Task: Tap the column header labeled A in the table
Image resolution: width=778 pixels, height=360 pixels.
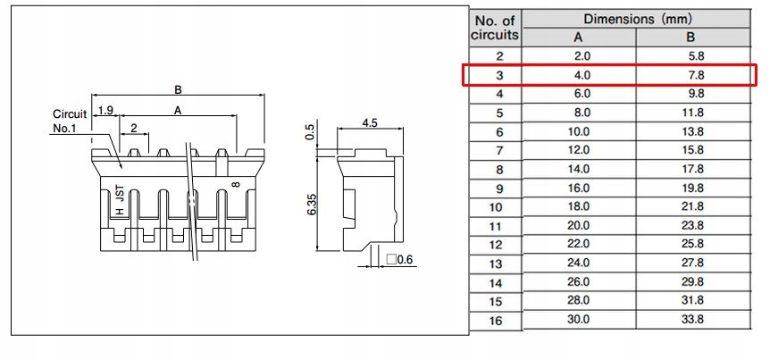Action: (578, 38)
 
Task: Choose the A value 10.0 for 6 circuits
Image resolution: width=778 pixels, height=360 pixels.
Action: (578, 131)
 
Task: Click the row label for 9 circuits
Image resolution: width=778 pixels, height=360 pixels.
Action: (498, 188)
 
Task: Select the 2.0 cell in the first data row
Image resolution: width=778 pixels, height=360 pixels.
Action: (578, 56)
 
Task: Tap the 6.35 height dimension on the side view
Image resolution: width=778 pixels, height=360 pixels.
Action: (312, 203)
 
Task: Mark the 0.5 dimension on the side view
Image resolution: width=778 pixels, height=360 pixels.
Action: (311, 133)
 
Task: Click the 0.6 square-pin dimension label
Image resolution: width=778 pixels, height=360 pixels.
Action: (401, 260)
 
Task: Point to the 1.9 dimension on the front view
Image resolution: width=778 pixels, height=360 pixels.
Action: (105, 111)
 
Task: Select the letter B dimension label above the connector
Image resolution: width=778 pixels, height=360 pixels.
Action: (178, 89)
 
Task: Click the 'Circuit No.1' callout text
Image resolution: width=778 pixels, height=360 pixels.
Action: (69, 121)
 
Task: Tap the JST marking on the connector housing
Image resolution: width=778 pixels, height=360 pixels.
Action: (120, 194)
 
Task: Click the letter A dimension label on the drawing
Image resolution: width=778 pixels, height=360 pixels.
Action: (178, 111)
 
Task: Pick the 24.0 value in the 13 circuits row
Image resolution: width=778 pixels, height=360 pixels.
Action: (578, 263)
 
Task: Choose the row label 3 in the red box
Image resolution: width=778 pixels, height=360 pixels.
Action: (498, 75)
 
